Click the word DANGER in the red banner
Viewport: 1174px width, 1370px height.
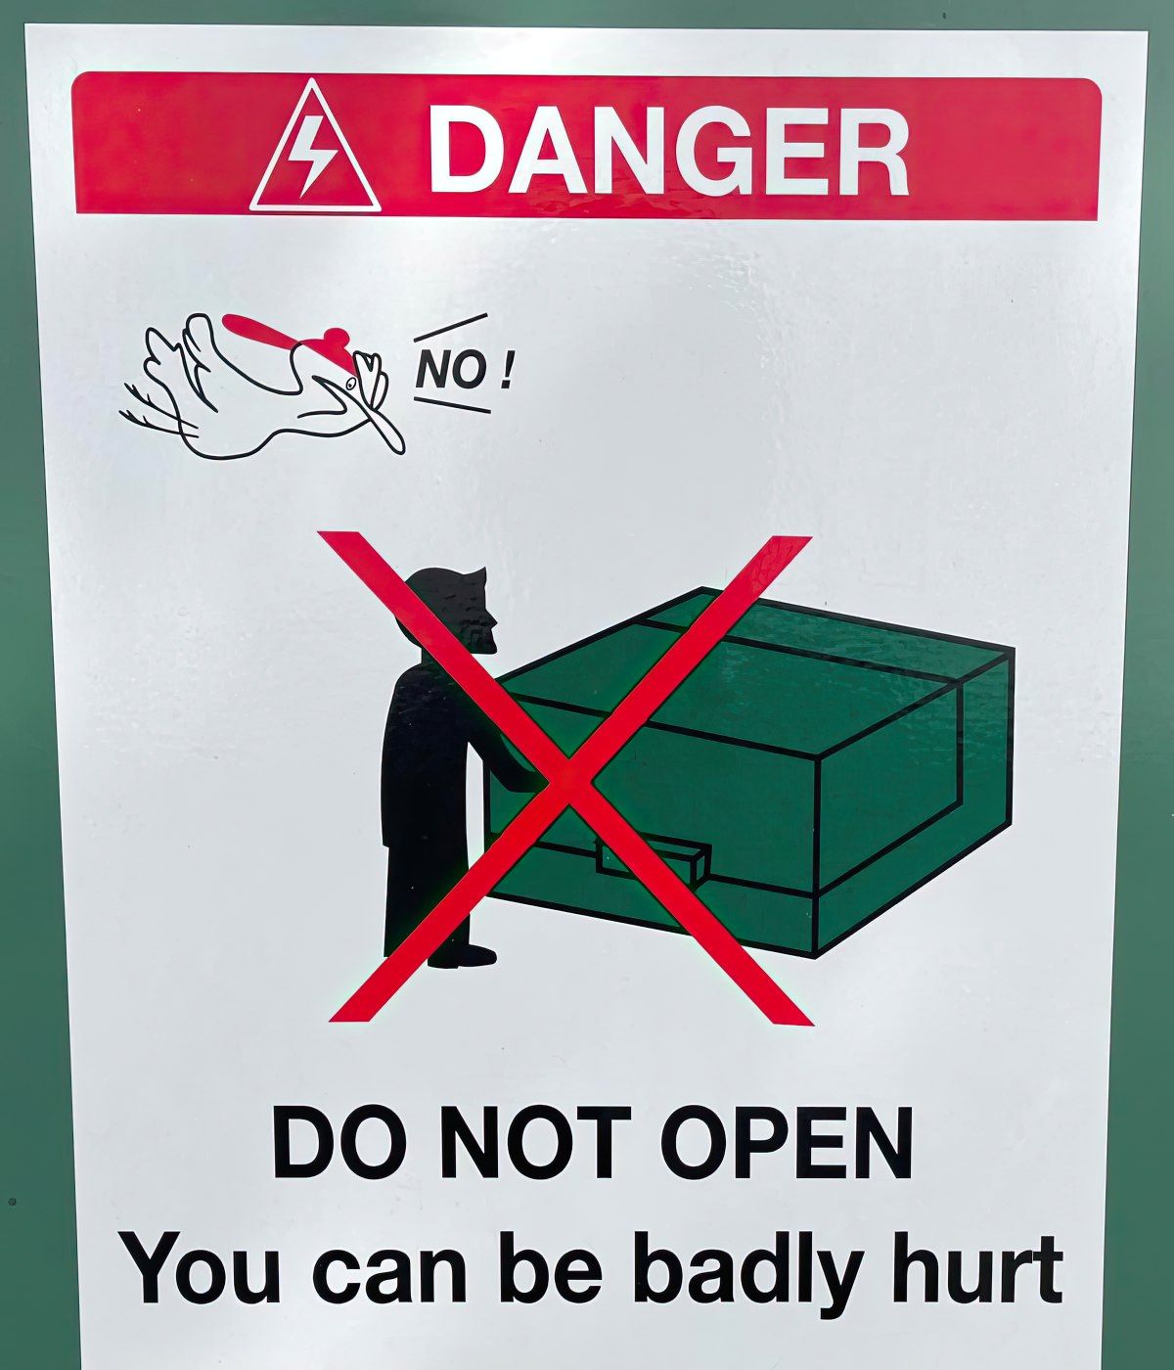coord(668,151)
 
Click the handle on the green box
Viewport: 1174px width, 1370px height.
coord(653,862)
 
